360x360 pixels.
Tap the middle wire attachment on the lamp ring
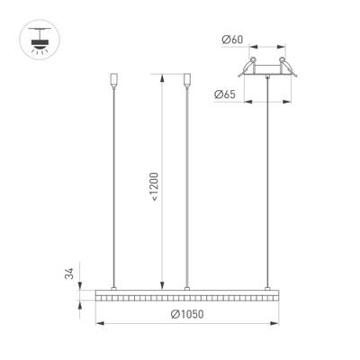point(186,287)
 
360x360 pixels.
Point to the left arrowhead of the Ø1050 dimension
point(96,321)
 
